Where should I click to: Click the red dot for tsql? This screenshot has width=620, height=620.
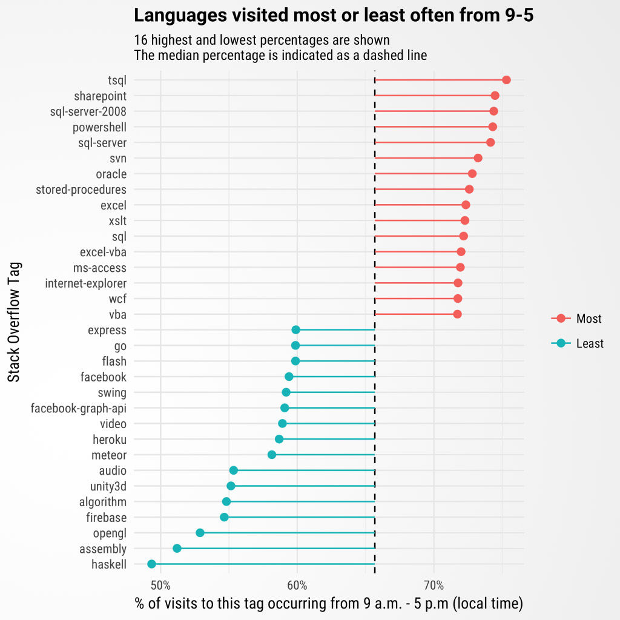click(506, 80)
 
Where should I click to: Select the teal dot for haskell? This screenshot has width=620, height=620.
click(151, 564)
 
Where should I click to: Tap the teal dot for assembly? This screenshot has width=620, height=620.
click(177, 549)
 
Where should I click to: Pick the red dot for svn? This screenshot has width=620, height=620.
click(478, 158)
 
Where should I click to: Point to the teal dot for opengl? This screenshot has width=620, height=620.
click(200, 533)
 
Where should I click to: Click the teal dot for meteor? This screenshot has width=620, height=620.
click(272, 455)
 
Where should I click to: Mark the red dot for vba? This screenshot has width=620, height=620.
click(458, 314)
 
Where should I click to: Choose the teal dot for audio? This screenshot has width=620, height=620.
click(234, 470)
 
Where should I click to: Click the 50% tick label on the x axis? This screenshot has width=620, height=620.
click(160, 585)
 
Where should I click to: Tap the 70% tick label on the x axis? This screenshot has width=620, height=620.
click(434, 585)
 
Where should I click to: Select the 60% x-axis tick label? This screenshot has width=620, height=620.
click(297, 585)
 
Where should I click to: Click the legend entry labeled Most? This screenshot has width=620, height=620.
click(576, 318)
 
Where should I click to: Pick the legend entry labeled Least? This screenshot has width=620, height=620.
click(577, 343)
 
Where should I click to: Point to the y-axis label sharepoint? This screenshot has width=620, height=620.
click(100, 96)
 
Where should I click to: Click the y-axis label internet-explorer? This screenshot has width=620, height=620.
click(86, 283)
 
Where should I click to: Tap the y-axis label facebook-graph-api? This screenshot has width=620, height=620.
click(79, 408)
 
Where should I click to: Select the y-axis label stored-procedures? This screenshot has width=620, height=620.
click(81, 190)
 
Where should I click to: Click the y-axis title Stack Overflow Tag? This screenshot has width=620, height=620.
click(14, 322)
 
